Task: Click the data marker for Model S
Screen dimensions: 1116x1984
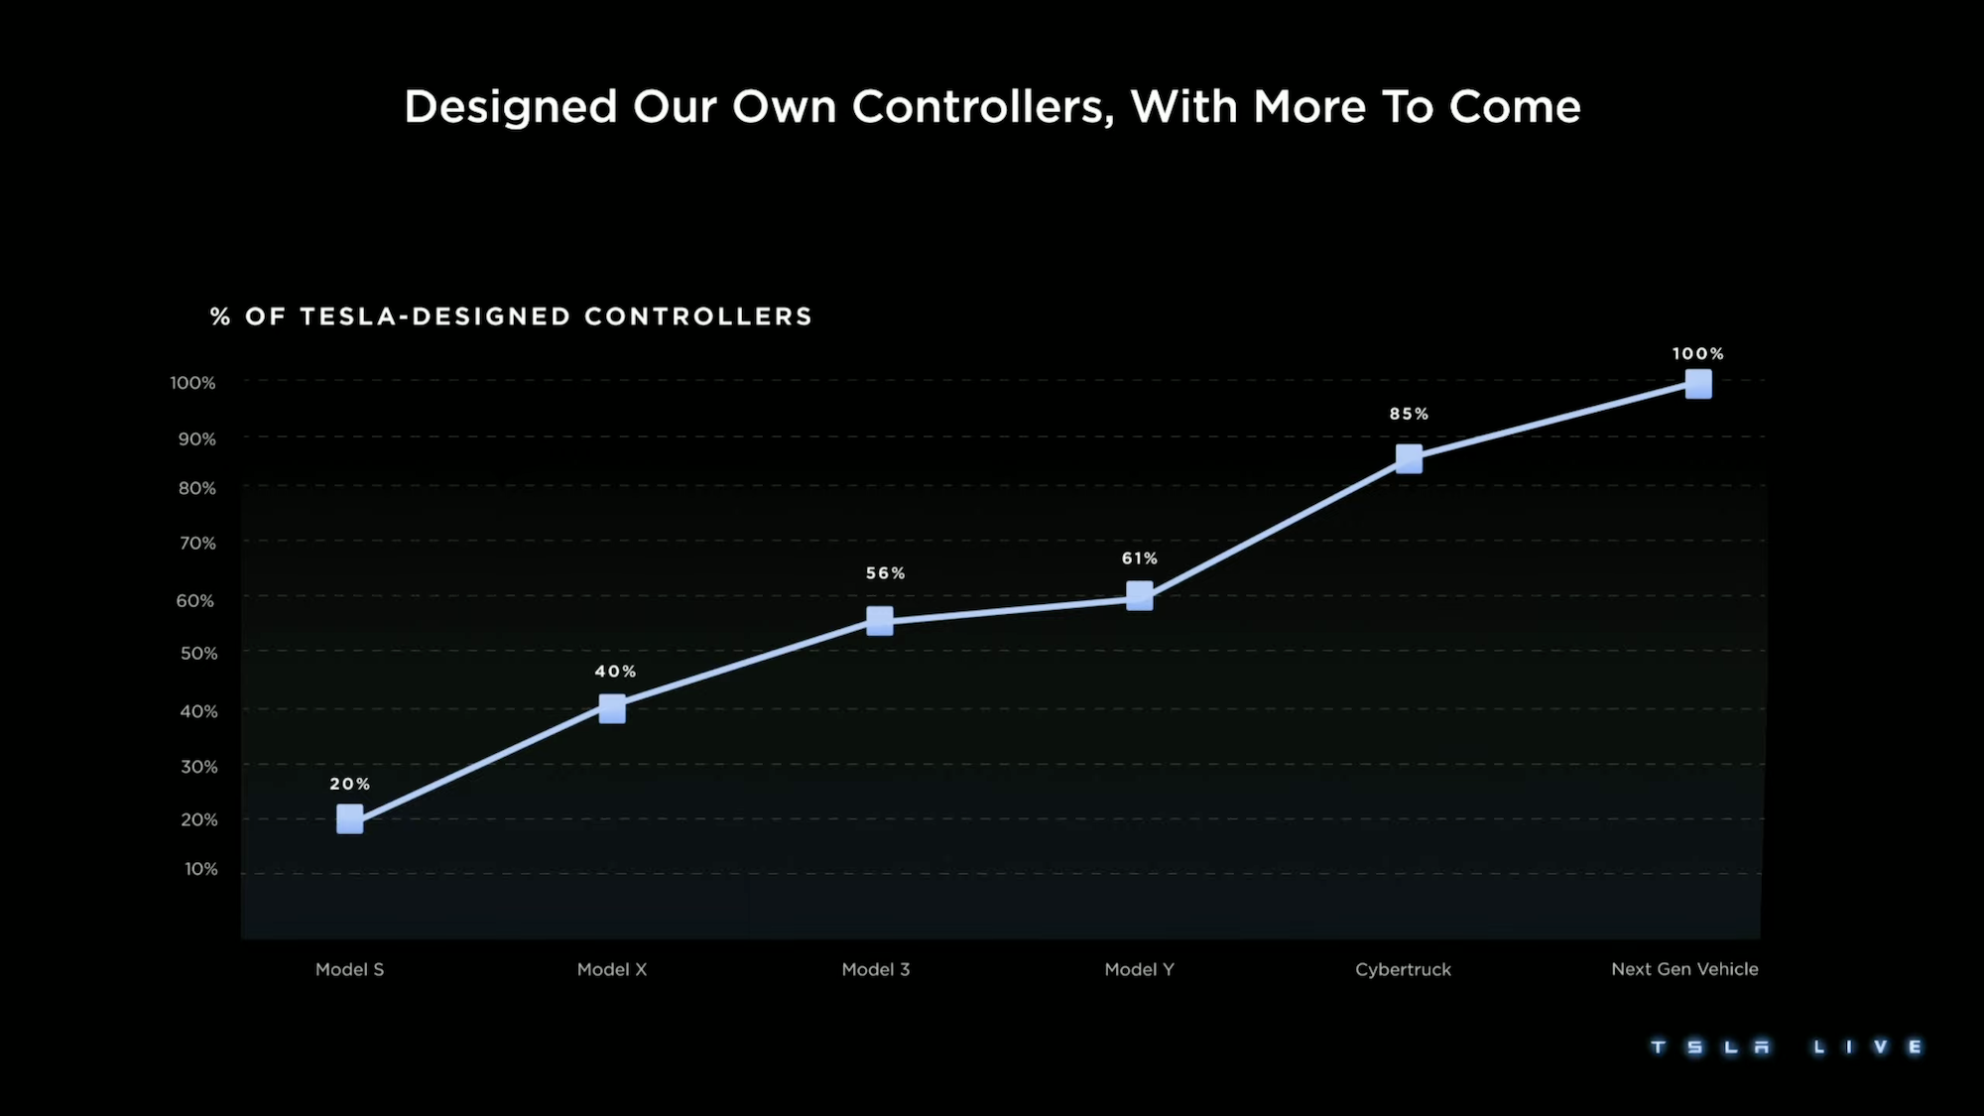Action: point(349,819)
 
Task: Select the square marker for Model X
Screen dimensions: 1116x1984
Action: point(612,708)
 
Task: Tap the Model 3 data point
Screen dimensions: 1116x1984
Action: point(879,621)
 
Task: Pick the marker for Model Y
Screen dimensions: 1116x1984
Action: point(1140,596)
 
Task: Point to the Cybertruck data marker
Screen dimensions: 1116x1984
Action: point(1409,458)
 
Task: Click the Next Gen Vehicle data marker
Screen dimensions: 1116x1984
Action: point(1698,384)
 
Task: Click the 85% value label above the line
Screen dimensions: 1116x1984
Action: point(1409,414)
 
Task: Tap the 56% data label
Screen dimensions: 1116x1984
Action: point(885,573)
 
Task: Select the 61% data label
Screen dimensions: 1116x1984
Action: point(1139,558)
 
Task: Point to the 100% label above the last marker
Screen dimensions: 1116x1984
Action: point(1697,354)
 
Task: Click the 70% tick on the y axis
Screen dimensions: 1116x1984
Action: point(197,543)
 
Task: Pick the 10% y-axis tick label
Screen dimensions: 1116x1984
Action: point(200,869)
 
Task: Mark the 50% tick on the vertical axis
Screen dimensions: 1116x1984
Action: point(198,653)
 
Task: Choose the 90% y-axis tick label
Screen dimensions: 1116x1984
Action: point(197,438)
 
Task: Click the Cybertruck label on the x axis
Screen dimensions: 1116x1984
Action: point(1403,969)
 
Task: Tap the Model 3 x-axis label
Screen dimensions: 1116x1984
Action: point(875,969)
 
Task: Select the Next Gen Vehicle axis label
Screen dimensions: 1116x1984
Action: point(1684,969)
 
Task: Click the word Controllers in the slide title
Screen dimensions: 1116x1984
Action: point(982,107)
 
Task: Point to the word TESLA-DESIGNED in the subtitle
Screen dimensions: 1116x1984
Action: point(434,316)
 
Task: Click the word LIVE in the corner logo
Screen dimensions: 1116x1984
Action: point(1868,1048)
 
